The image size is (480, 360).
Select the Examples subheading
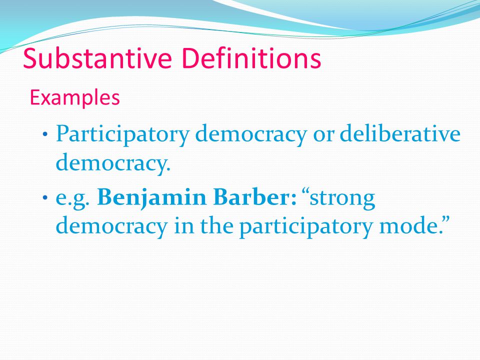pos(75,97)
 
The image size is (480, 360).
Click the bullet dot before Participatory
pos(46,135)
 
